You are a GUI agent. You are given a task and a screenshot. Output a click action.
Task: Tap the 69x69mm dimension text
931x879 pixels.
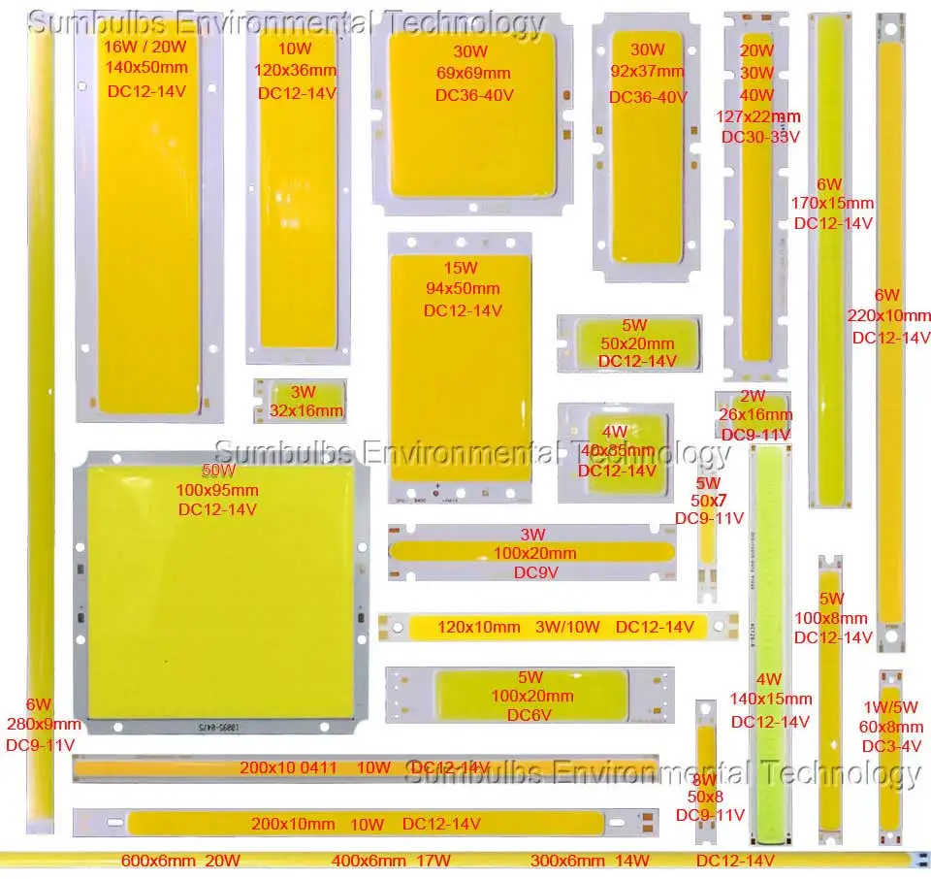click(x=473, y=73)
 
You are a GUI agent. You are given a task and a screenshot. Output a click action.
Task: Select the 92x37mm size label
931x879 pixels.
click(x=647, y=73)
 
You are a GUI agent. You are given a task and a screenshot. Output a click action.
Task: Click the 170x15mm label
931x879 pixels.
click(x=832, y=203)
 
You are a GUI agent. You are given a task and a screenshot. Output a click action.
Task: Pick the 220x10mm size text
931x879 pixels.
click(x=889, y=315)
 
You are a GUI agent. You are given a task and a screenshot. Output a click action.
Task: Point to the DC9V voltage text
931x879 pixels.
click(x=536, y=572)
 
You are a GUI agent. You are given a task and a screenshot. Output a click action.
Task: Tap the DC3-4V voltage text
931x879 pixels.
click(x=892, y=746)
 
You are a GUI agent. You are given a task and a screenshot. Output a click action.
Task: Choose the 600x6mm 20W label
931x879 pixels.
click(x=180, y=860)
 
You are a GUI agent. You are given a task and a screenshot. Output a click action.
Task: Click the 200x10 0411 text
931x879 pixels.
click(x=288, y=767)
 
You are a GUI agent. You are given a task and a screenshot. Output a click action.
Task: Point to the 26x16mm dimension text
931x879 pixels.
click(x=754, y=415)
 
